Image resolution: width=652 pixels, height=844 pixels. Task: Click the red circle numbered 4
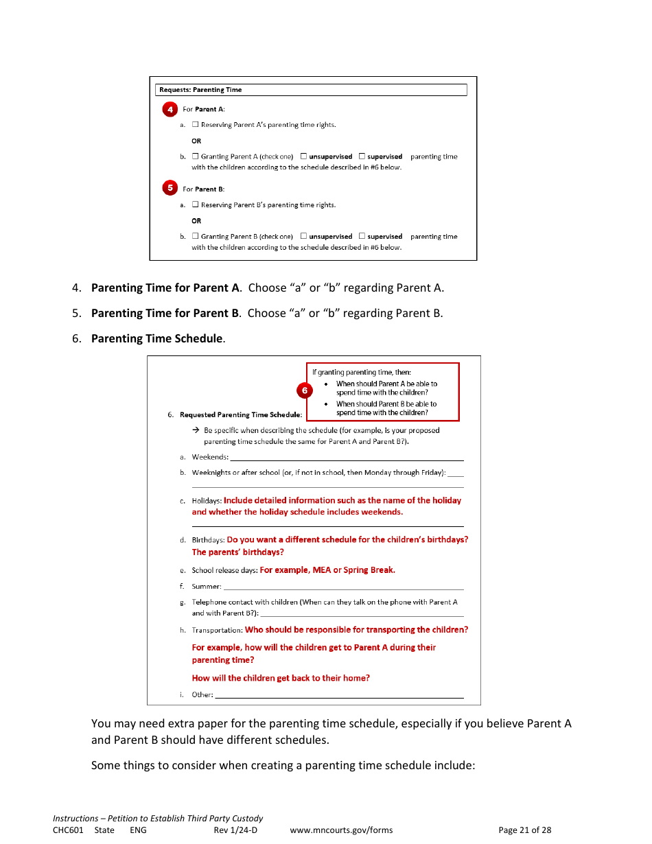coord(170,110)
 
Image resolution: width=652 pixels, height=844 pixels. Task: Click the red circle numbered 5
coord(170,188)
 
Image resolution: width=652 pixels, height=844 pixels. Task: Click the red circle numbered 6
coord(304,390)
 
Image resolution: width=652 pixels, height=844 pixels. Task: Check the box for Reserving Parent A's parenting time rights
coord(196,125)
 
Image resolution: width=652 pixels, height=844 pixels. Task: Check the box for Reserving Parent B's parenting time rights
coord(196,204)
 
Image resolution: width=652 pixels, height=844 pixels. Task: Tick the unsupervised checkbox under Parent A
coord(304,156)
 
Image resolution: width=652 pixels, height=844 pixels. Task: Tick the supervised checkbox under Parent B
coord(362,236)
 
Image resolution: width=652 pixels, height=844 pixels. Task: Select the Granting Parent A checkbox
coord(196,156)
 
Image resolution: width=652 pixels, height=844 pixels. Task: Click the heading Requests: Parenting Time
coord(200,90)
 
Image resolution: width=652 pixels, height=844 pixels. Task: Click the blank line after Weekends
coord(347,458)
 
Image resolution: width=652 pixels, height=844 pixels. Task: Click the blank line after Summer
coord(343,587)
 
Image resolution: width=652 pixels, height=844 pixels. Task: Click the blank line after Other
coord(339,695)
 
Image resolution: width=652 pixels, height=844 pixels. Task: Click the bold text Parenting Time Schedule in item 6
coord(156,338)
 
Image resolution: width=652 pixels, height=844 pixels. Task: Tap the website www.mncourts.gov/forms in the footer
coord(341,830)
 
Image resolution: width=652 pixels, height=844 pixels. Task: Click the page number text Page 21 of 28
coord(524,830)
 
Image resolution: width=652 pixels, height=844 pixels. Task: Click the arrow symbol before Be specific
coord(196,430)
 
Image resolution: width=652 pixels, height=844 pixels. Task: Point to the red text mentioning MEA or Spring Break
coord(327,570)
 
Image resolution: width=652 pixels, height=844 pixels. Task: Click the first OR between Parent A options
coord(196,141)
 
